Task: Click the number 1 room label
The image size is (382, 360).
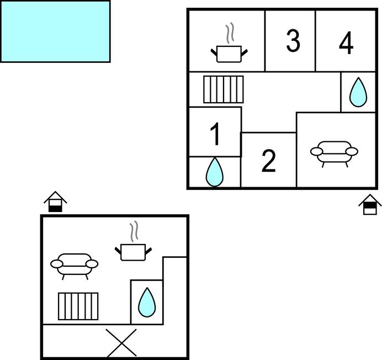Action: (x=216, y=134)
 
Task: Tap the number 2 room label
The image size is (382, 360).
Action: (x=269, y=161)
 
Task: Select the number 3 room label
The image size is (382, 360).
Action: (x=293, y=41)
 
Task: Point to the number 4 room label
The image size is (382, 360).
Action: (x=346, y=43)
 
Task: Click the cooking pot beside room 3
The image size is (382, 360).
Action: (x=229, y=54)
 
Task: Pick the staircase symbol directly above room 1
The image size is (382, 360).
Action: (x=224, y=89)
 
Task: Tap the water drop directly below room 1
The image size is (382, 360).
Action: (x=214, y=172)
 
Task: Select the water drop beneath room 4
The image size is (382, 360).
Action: (x=358, y=92)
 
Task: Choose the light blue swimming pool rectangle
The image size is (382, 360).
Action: (x=55, y=31)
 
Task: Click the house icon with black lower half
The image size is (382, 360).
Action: (x=55, y=202)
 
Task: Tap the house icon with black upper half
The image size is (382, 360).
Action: (x=370, y=204)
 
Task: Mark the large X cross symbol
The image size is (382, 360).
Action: (x=121, y=343)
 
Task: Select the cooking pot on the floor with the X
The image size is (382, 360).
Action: (x=133, y=252)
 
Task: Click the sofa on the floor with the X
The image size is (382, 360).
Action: (x=75, y=266)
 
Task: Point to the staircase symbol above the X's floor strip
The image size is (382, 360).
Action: (x=78, y=306)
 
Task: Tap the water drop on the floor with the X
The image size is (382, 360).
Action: (x=147, y=302)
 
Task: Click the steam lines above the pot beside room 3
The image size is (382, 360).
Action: (x=230, y=33)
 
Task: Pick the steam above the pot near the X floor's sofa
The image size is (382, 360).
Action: (x=134, y=231)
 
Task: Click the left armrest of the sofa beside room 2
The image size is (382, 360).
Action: (x=316, y=152)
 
